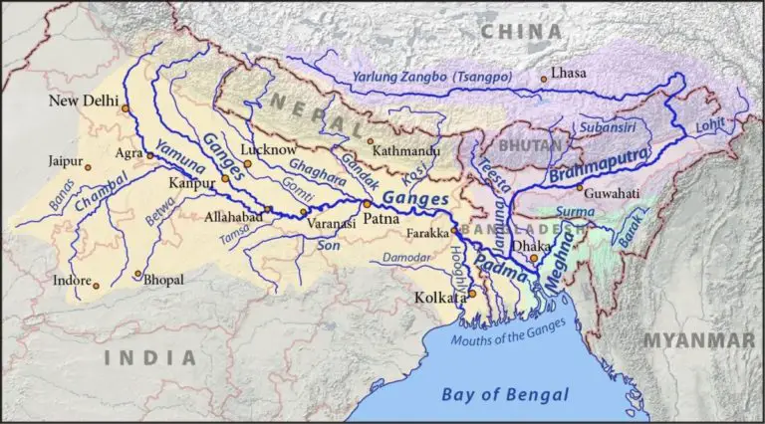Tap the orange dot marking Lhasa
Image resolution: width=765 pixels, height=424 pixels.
[x=543, y=79]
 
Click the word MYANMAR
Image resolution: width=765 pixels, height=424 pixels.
[x=696, y=341]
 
